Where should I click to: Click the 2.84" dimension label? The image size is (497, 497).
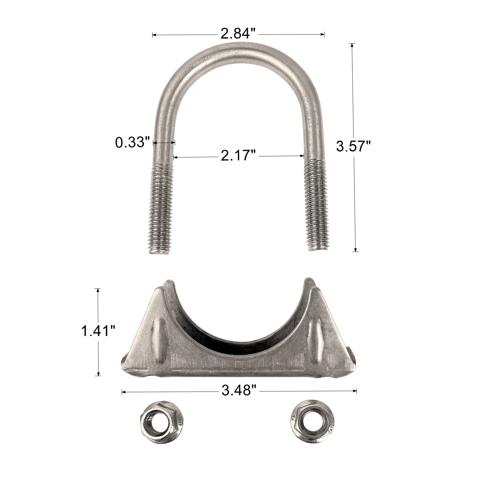click(x=238, y=33)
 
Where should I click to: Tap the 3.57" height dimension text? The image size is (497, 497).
click(x=354, y=146)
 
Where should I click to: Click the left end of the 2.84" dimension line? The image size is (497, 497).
click(x=153, y=35)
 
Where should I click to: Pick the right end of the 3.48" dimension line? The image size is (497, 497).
click(x=357, y=391)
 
